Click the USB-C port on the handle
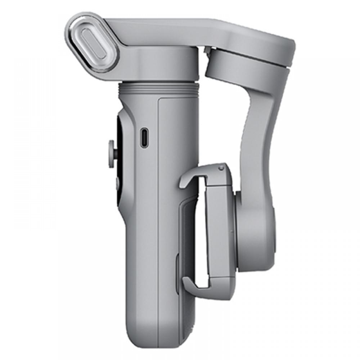point(144,137)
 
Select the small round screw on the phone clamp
point(221,168)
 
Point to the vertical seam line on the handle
point(158,216)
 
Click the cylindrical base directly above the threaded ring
point(158,67)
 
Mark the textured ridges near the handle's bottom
point(187,324)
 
